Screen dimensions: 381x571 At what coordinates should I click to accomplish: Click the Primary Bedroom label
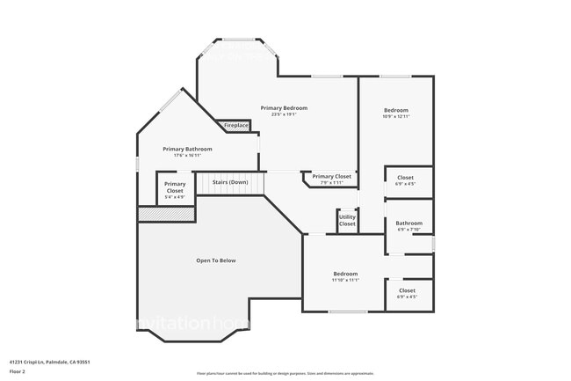[284, 107]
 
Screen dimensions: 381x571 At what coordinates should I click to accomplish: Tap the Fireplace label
[235, 126]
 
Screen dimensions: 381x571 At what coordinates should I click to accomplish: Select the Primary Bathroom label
[187, 149]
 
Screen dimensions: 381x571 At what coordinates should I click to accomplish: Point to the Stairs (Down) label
[230, 182]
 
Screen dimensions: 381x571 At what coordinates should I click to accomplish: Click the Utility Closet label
[348, 220]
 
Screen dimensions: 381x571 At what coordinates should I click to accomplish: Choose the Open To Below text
[215, 260]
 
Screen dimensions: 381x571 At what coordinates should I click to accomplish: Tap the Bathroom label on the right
[408, 223]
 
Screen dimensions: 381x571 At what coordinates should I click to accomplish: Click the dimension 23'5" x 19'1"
[284, 114]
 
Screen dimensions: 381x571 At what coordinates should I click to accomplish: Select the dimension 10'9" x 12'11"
[397, 116]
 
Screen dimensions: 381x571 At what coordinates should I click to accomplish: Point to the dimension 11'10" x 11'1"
[345, 281]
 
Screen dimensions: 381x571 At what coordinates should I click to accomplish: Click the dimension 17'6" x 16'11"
[187, 156]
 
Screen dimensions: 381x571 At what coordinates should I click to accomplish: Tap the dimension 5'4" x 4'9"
[175, 197]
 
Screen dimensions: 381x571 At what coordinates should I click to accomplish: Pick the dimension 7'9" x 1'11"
[331, 183]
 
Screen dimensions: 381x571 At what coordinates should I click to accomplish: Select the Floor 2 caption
[18, 371]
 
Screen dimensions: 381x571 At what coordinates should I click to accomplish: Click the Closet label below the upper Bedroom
[405, 178]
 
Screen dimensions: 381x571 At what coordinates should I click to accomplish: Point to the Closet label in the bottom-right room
[408, 290]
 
